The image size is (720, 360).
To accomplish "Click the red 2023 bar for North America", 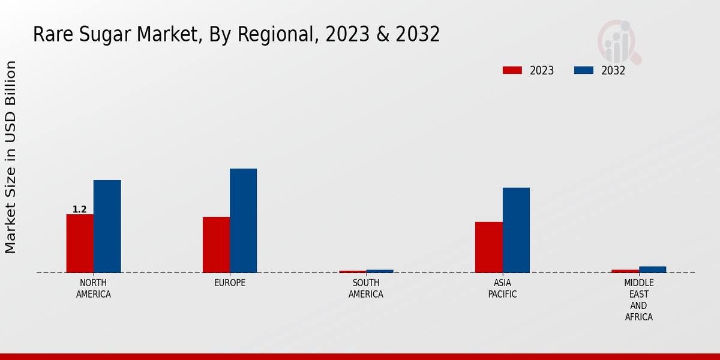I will (80, 243).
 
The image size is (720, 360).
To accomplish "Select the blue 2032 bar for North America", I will (107, 226).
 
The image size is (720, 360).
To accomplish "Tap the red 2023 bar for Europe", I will (216, 244).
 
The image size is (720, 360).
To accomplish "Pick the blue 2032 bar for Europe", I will (243, 220).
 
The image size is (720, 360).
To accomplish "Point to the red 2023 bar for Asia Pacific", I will (488, 247).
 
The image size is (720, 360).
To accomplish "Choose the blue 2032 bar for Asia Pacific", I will (516, 230).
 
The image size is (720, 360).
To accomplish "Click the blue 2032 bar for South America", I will (380, 271).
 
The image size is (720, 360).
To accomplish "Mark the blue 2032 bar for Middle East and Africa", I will (652, 269).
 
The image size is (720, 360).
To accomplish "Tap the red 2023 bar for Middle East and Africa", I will (625, 271).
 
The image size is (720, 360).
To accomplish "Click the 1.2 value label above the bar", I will (80, 209).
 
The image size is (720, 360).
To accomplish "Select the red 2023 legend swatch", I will (512, 70).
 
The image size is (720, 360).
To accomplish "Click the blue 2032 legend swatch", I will (583, 70).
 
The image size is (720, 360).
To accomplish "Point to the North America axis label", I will (93, 289).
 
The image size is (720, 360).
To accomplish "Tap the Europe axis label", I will (230, 283).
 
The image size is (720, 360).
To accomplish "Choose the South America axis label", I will (366, 289).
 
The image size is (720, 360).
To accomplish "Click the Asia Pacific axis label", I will (502, 289).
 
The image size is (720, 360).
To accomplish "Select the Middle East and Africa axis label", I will (639, 300).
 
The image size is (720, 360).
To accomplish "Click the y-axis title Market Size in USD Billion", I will (11, 157).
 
